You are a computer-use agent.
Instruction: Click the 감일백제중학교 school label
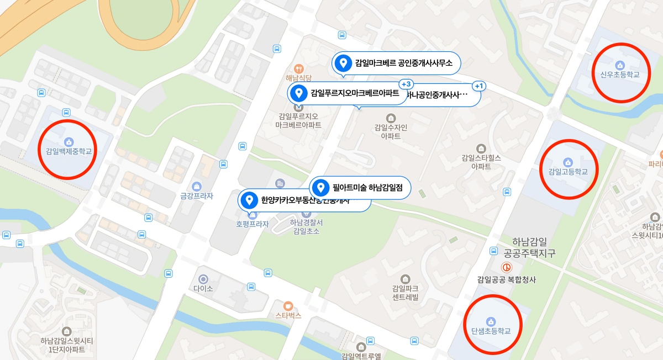[69, 150]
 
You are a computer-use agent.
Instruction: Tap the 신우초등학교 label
[620, 75]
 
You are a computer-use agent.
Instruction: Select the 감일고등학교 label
[567, 171]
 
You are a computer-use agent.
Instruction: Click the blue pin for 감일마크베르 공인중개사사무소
[343, 63]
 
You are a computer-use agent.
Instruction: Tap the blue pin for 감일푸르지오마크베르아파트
[299, 93]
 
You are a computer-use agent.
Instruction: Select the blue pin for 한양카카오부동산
[250, 200]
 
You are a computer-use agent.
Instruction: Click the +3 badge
[406, 84]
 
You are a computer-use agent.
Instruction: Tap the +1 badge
[478, 86]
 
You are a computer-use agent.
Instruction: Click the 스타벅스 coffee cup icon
[287, 306]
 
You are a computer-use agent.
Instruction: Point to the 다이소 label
[203, 288]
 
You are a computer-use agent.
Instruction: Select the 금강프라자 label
[197, 195]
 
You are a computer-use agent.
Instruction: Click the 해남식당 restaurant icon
[299, 68]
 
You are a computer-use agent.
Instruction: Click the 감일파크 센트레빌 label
[406, 293]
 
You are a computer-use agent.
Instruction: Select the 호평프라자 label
[252, 224]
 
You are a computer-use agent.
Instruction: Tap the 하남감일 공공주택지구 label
[529, 247]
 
